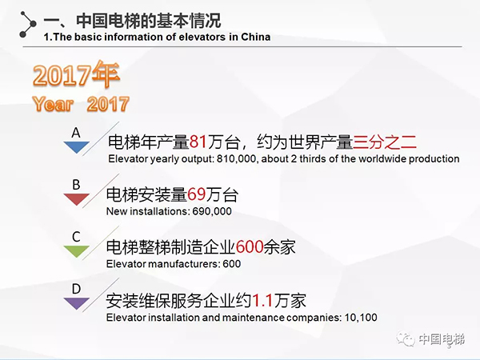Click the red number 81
click(x=197, y=143)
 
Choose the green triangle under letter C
click(x=76, y=251)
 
